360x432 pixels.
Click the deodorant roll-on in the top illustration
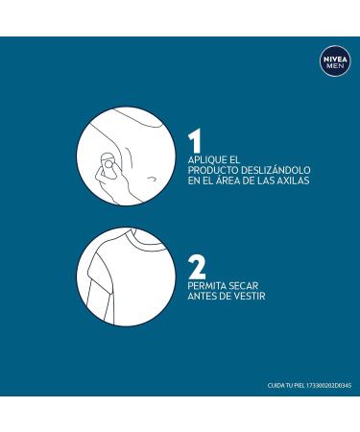click(x=108, y=166)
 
